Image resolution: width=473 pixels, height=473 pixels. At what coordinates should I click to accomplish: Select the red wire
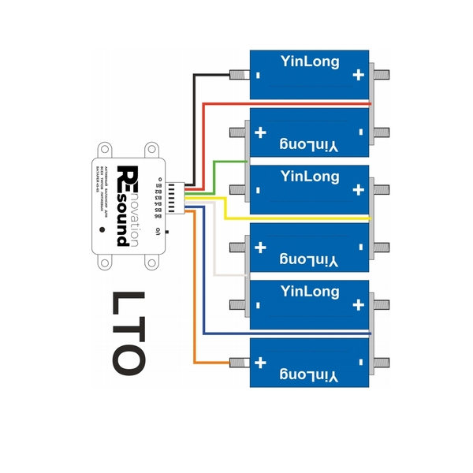tap(284, 103)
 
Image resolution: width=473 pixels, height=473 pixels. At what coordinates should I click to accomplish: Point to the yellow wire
tap(300, 218)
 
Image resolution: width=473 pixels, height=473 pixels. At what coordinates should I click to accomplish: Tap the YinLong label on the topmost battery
tap(310, 61)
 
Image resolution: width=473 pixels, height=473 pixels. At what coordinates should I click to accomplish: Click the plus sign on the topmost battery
tap(359, 76)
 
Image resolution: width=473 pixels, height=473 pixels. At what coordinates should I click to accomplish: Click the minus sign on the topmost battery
tap(258, 76)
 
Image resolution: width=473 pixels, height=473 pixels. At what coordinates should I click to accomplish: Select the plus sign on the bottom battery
tap(260, 362)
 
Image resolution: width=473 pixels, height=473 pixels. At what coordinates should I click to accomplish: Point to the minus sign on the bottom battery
tap(360, 363)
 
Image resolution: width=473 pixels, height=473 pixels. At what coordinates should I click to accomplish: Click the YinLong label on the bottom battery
tap(310, 378)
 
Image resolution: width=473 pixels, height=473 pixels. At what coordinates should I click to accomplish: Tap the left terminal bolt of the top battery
tap(236, 76)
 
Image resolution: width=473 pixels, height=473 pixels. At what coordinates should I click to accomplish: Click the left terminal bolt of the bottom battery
tap(236, 362)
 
